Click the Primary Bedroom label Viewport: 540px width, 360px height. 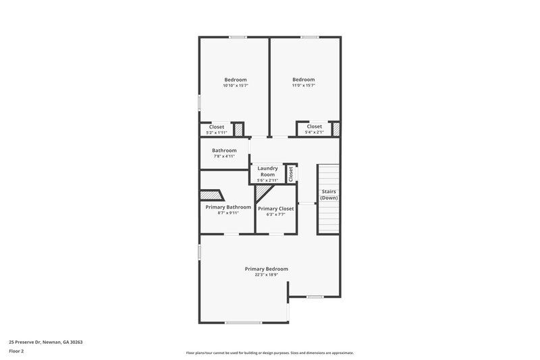coord(266,269)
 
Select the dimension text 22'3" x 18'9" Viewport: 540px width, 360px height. coord(266,275)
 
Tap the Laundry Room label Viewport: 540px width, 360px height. coord(267,171)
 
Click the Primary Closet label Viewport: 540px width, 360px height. coord(275,209)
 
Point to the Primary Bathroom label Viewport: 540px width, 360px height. coord(228,207)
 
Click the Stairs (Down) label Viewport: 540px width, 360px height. coord(328,195)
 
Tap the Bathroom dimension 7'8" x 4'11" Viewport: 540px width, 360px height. coord(223,157)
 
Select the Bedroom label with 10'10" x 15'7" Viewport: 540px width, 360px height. coord(236,80)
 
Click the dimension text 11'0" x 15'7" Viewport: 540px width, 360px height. coord(304,86)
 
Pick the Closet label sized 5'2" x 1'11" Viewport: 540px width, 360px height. coord(217,127)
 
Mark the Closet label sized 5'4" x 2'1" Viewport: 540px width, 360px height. coord(315,126)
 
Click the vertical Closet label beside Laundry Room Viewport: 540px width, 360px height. coord(291,174)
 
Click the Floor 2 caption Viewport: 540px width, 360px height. coord(17,351)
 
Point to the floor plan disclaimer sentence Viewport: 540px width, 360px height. coord(269,353)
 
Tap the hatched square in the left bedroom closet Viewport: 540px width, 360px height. coord(238,129)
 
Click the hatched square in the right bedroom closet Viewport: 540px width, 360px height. coord(335,128)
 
